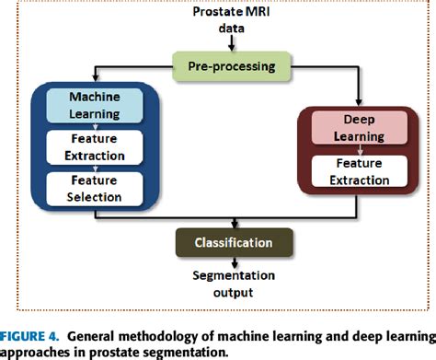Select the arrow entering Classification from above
[x=238, y=223]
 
